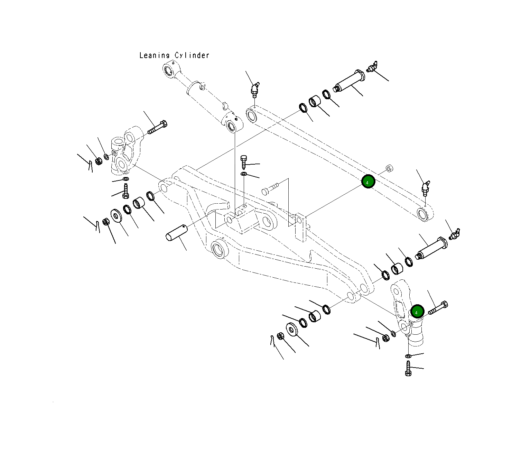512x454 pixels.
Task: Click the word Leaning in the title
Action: (x=154, y=55)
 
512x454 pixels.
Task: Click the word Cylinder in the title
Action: (x=192, y=55)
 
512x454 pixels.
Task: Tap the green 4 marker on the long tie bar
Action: (x=368, y=182)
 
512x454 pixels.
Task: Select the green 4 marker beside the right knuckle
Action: (x=417, y=312)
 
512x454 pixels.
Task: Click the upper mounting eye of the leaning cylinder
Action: (x=168, y=71)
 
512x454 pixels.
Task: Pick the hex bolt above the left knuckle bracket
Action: (x=158, y=127)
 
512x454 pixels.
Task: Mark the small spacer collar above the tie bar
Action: (x=389, y=168)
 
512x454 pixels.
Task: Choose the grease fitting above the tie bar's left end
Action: (x=254, y=89)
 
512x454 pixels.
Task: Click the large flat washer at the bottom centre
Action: (x=292, y=329)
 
